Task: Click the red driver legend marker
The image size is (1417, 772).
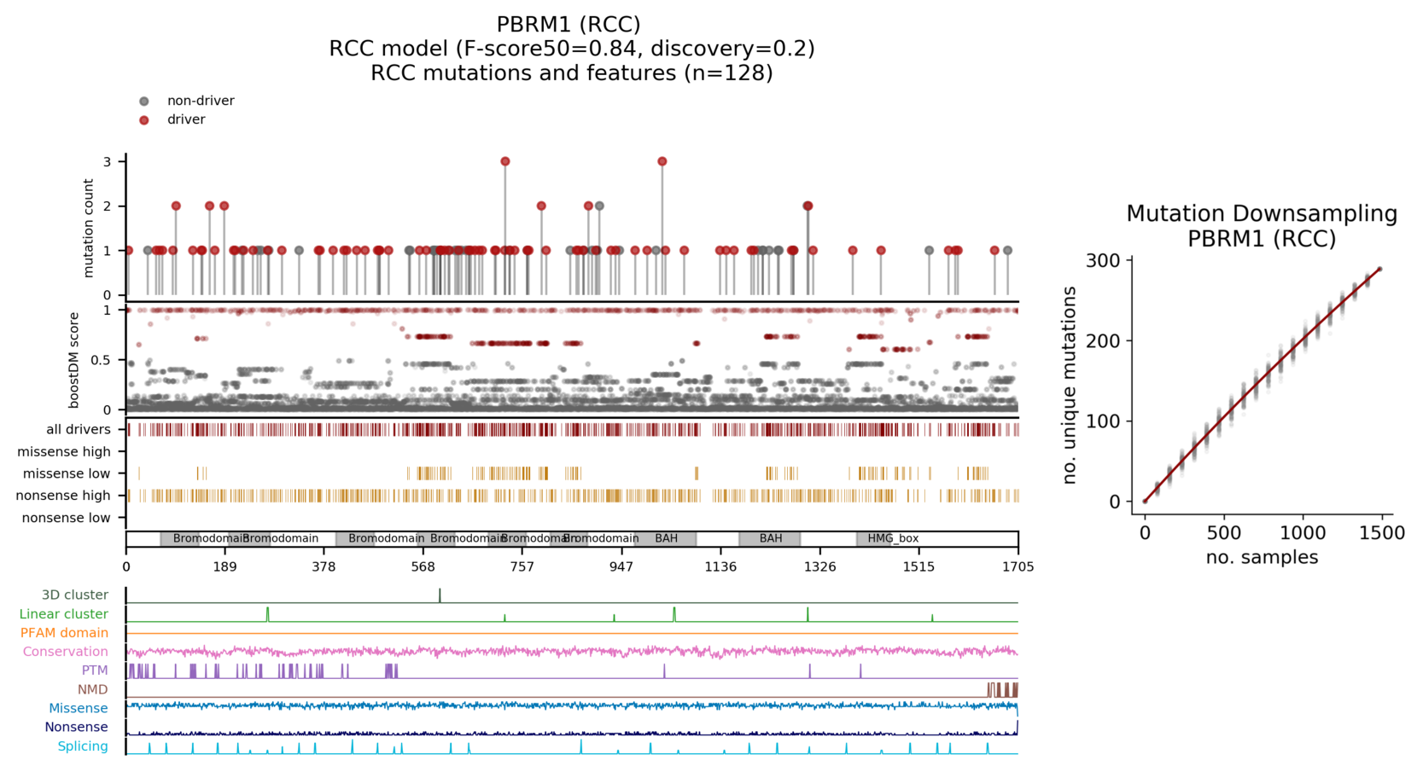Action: (x=144, y=120)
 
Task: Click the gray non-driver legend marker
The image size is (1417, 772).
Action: (x=144, y=102)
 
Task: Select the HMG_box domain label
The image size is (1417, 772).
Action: (x=893, y=539)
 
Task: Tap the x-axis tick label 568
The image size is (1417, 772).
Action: (x=423, y=567)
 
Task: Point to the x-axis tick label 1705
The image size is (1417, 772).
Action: (x=1018, y=567)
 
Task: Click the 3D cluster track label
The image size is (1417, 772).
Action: (x=75, y=595)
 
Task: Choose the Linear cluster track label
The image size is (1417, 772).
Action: (x=64, y=614)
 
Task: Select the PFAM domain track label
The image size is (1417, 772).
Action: (x=64, y=633)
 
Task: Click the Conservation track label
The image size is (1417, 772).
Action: (x=66, y=652)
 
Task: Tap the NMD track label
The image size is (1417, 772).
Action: (x=93, y=689)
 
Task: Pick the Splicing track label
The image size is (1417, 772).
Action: (x=83, y=746)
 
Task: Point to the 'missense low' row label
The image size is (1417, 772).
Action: (x=67, y=473)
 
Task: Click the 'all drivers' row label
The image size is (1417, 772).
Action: (x=79, y=430)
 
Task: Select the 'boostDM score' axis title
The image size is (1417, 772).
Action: (x=74, y=360)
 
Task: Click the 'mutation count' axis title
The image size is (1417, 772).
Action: (x=89, y=228)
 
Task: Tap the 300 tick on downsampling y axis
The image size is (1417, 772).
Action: (x=1103, y=261)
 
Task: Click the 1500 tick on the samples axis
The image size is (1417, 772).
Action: (x=1381, y=533)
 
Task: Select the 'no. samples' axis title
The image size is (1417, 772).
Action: (x=1262, y=558)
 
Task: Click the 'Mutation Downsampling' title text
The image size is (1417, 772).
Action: (x=1262, y=214)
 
